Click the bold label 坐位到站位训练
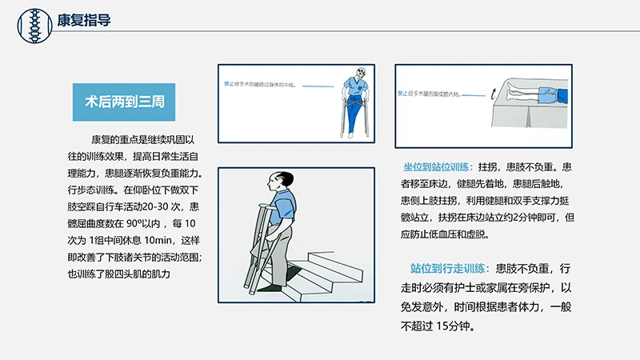[x=438, y=167]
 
